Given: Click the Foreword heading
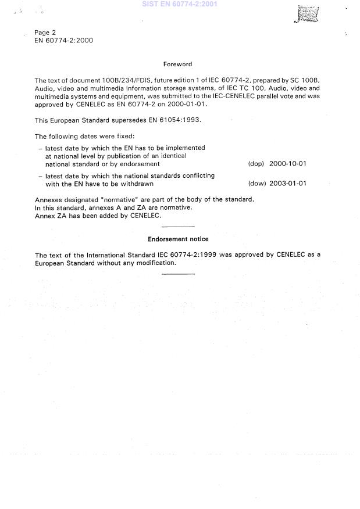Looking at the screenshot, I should pos(177,64).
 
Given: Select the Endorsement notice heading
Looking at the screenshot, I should pos(178,239).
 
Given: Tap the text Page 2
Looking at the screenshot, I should pos(45,33).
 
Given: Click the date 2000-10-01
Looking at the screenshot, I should pos(287,164).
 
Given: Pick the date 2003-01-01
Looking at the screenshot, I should pos(287,184).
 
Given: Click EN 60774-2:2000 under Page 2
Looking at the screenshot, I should pos(63,41).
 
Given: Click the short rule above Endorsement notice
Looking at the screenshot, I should pos(177,225).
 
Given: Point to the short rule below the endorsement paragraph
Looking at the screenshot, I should pos(177,273).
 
